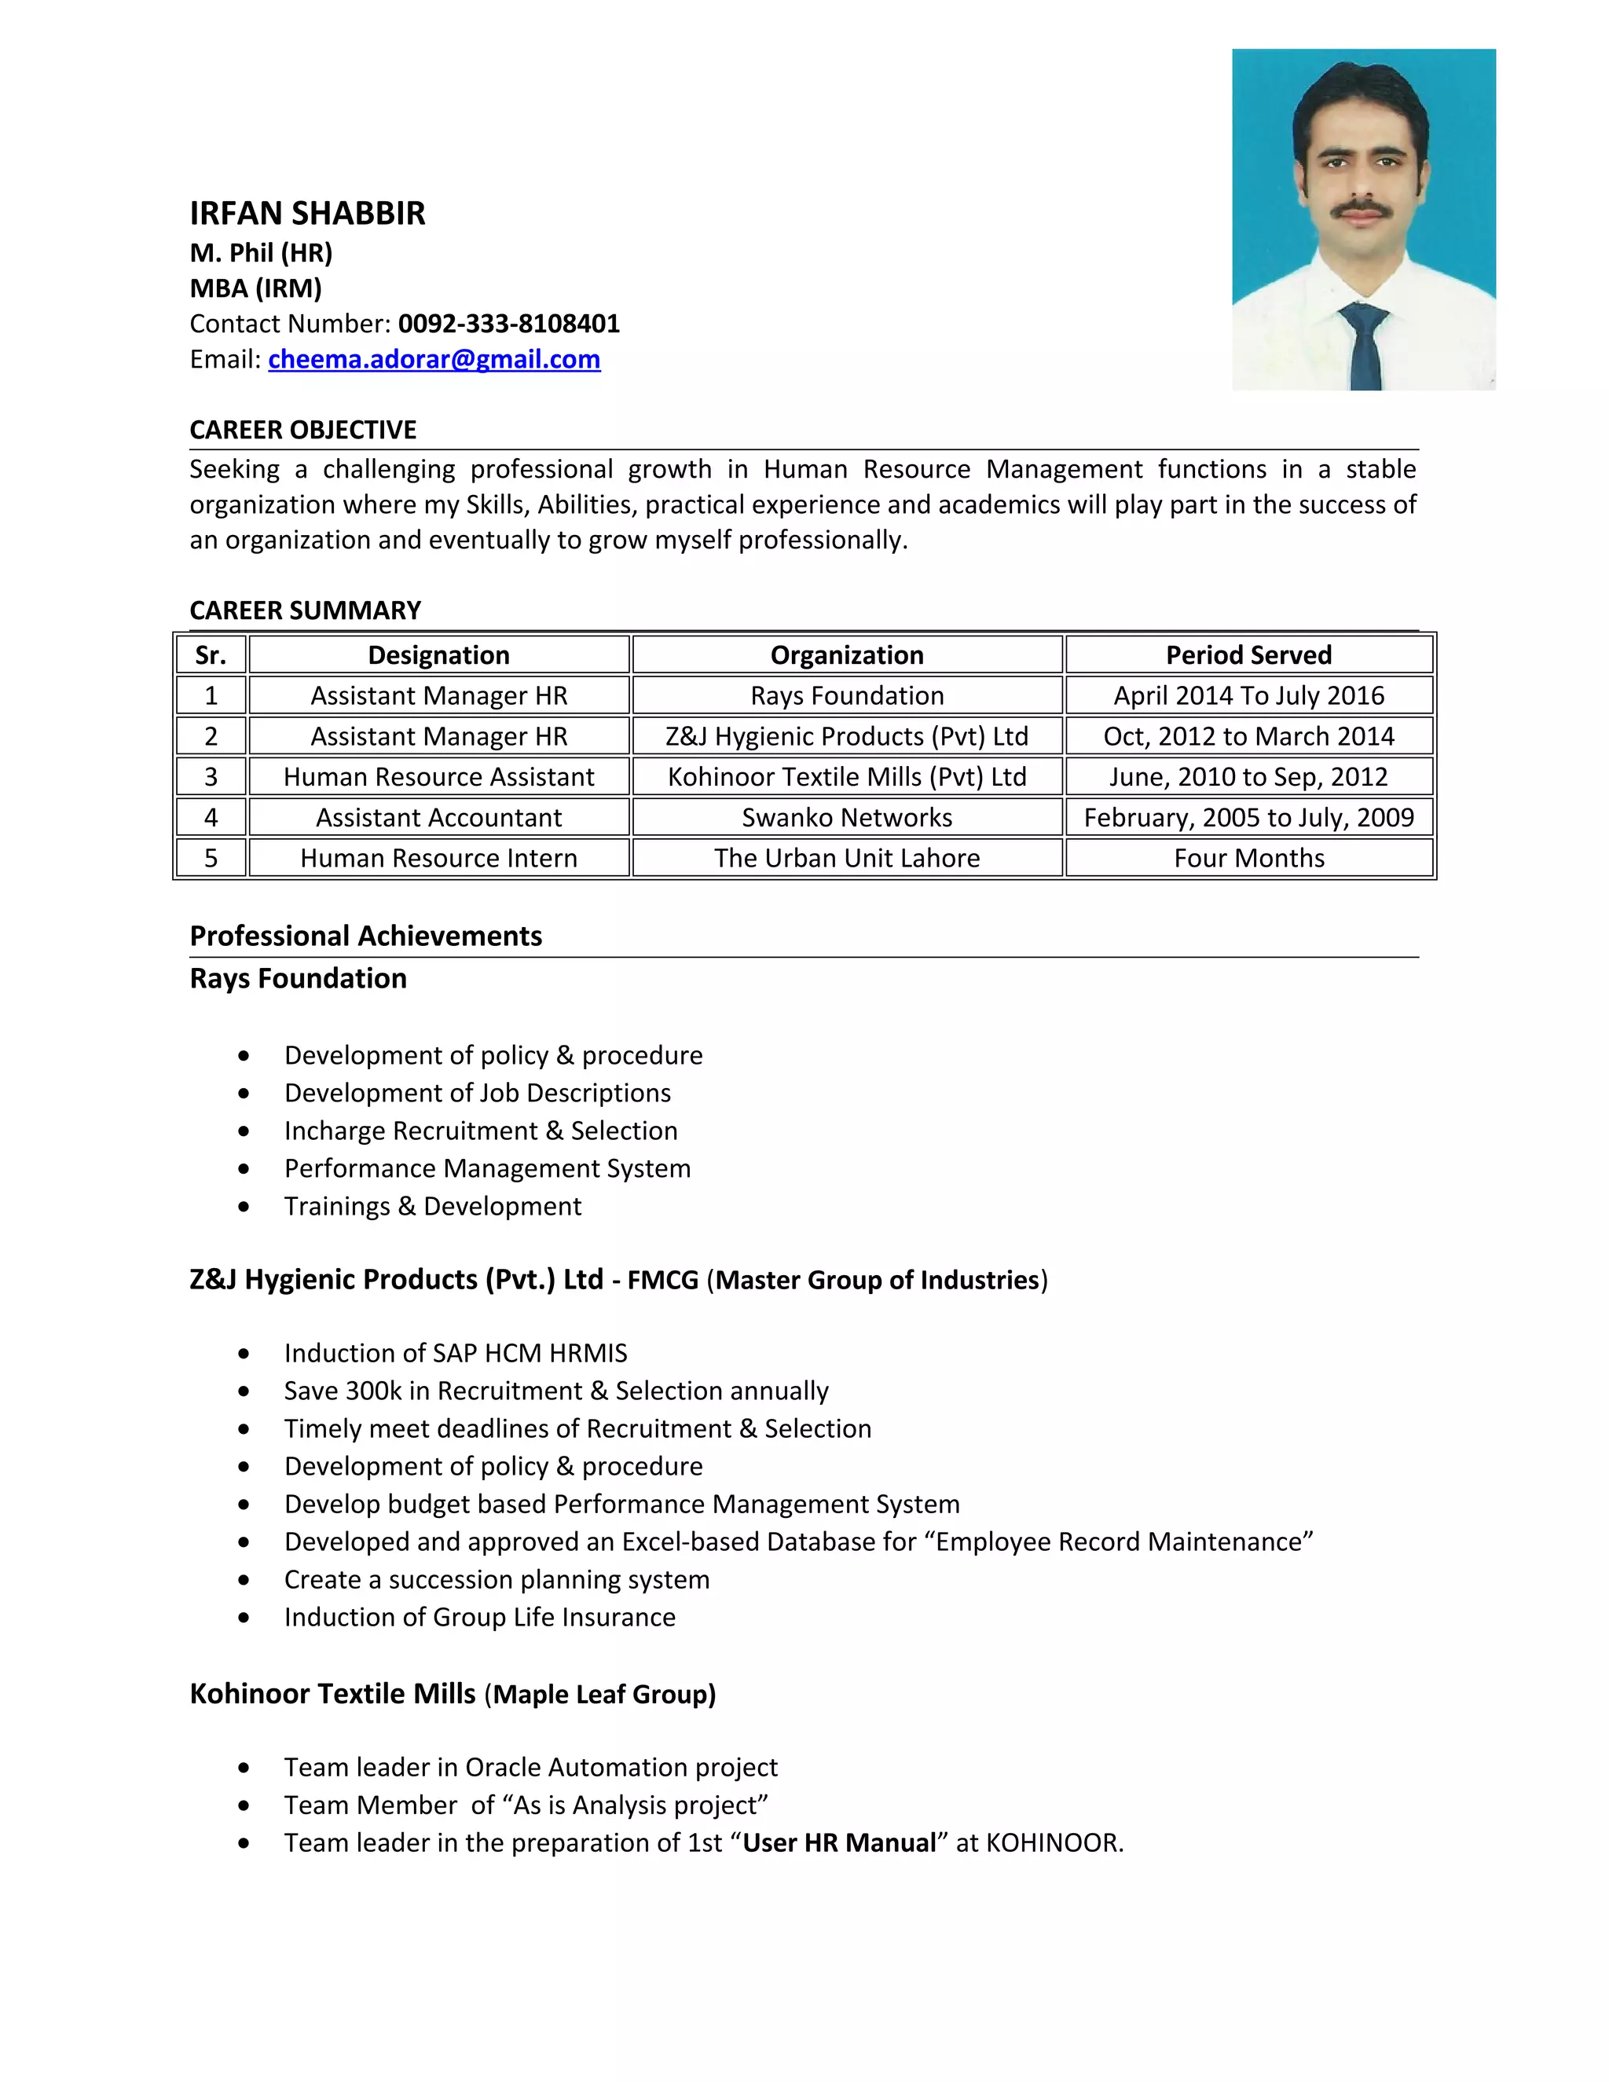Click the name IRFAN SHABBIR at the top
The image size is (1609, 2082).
[307, 213]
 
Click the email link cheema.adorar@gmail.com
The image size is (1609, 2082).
[434, 359]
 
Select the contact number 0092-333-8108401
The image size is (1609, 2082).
[509, 324]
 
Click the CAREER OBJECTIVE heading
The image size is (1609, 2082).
[303, 430]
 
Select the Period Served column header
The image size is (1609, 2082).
[1248, 655]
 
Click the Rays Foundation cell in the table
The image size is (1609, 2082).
[846, 696]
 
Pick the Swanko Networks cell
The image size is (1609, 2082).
[846, 818]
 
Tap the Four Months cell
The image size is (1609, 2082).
[1248, 858]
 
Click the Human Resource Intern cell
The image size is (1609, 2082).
[438, 858]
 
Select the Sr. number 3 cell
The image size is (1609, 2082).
[211, 777]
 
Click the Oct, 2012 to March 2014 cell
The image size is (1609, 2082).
[1248, 737]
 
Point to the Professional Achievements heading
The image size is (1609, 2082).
[366, 937]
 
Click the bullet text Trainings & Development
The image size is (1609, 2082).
[433, 1206]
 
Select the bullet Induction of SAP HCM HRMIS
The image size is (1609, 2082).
[456, 1353]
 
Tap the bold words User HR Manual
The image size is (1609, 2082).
[839, 1842]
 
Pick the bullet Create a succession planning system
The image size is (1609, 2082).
[497, 1580]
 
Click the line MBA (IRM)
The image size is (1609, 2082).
[255, 288]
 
